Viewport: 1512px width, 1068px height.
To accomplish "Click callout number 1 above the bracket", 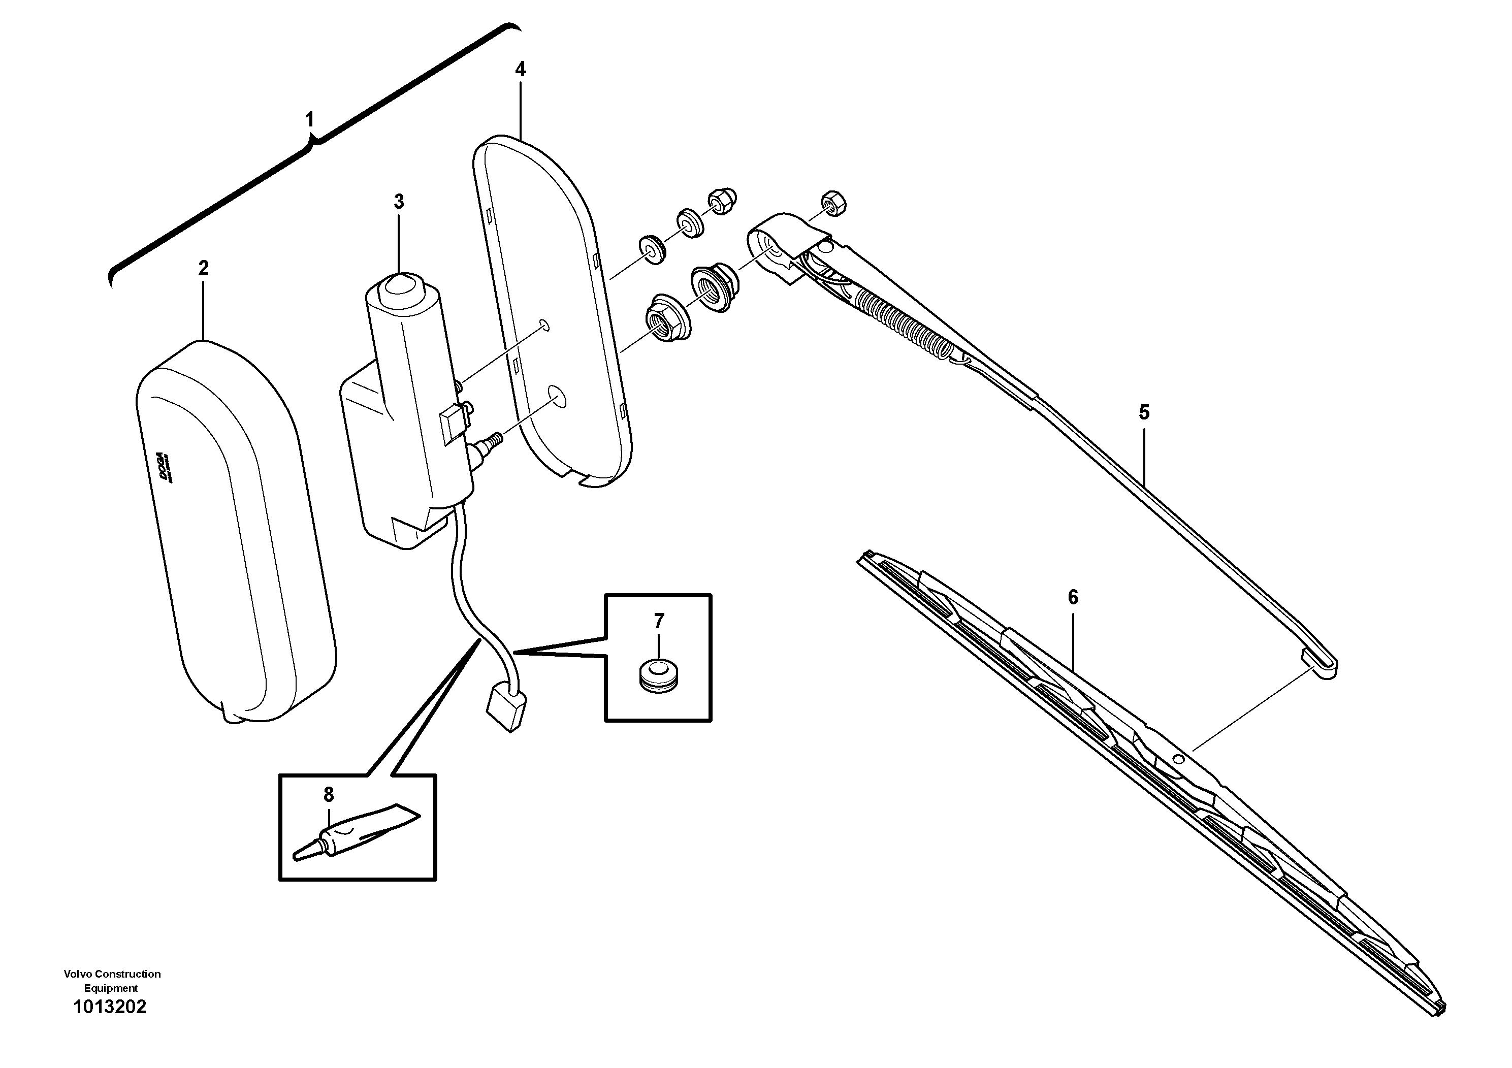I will (309, 120).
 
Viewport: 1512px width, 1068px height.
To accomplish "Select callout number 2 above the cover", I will (204, 268).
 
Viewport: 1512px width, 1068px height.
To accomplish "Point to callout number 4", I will (520, 69).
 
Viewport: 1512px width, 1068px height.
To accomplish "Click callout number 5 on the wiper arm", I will (1144, 413).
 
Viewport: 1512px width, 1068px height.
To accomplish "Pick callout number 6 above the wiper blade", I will (1073, 597).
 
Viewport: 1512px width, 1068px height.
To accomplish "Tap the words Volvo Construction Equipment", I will (112, 981).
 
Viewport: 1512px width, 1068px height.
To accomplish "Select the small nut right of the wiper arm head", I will (833, 204).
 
